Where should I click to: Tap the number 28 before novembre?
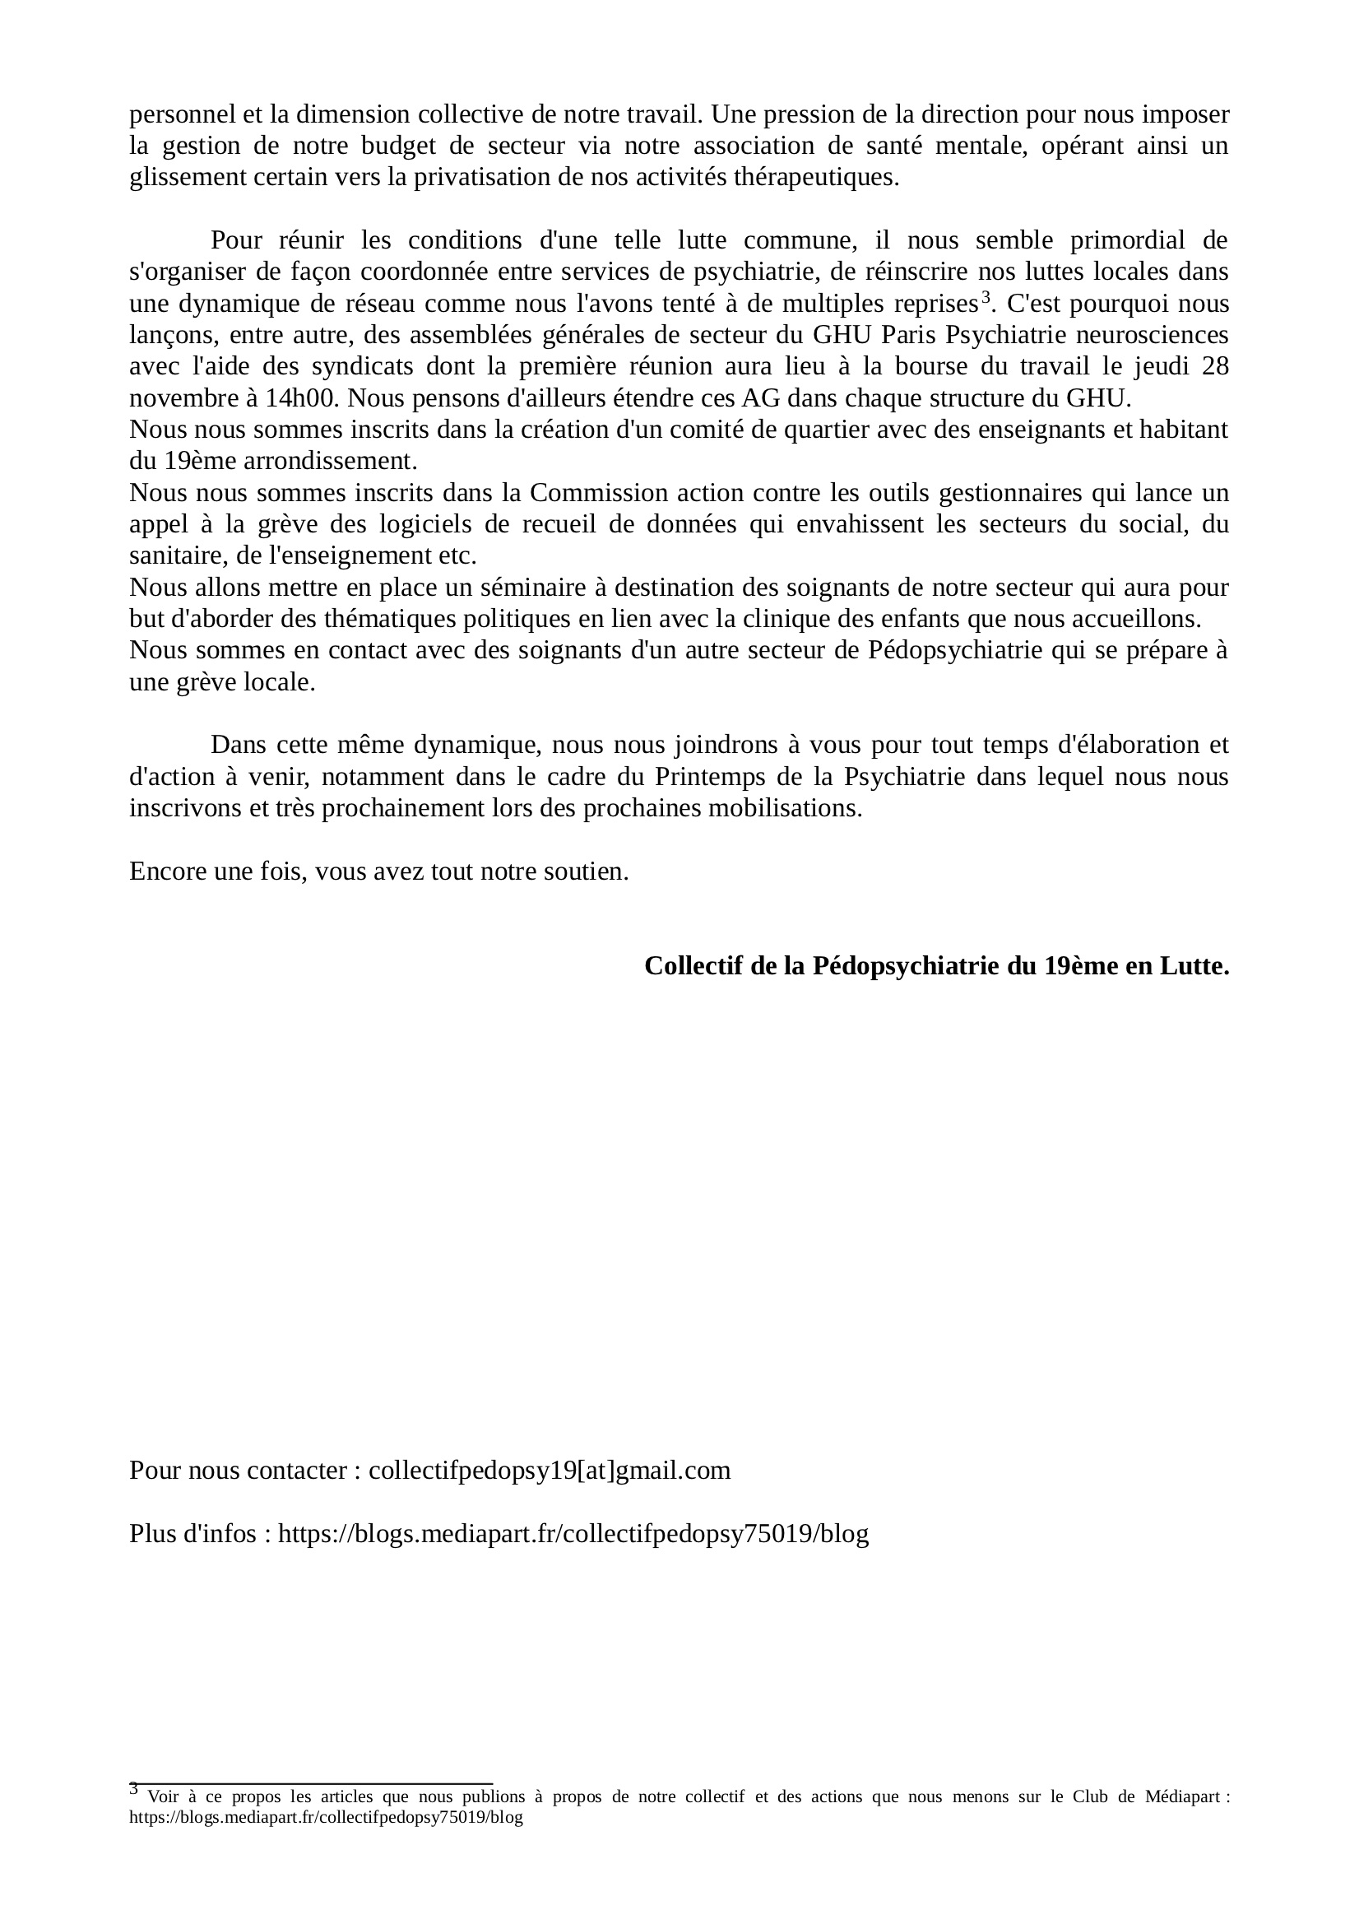tap(1214, 366)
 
